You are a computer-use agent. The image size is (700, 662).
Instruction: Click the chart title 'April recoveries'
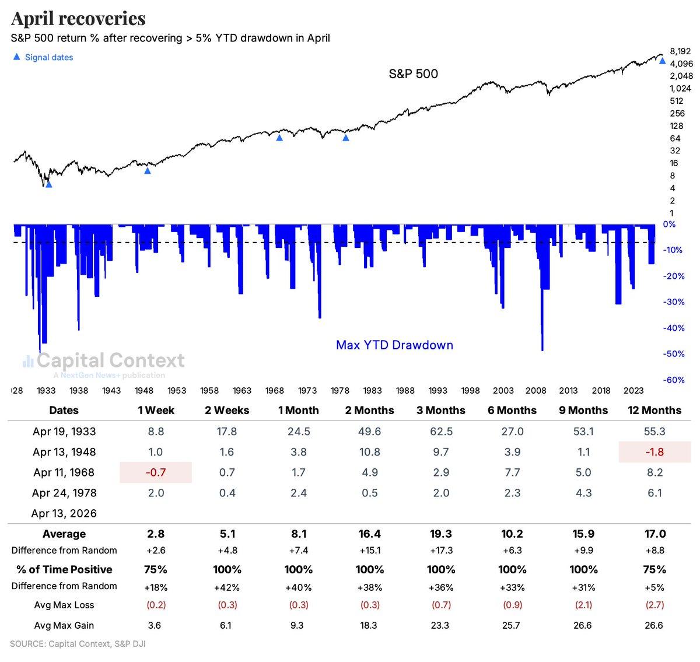pyautogui.click(x=78, y=19)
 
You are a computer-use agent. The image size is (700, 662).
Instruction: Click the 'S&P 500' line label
pyautogui.click(x=413, y=74)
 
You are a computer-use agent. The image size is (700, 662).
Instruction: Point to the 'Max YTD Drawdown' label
pyautogui.click(x=394, y=345)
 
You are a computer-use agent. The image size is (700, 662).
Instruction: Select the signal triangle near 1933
pyautogui.click(x=49, y=184)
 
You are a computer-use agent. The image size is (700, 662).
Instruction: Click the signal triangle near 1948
pyautogui.click(x=148, y=170)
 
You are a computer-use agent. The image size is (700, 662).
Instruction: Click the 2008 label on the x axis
pyautogui.click(x=535, y=390)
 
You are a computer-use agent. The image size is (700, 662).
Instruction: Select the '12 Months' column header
pyautogui.click(x=654, y=410)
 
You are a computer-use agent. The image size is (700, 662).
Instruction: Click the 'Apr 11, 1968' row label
pyautogui.click(x=64, y=472)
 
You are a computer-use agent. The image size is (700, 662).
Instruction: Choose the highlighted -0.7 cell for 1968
pyautogui.click(x=156, y=472)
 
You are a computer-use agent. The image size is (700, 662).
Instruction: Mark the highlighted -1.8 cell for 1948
pyautogui.click(x=654, y=452)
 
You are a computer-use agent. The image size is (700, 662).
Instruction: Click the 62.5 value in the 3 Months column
pyautogui.click(x=441, y=432)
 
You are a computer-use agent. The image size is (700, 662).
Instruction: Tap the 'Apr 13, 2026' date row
pyautogui.click(x=64, y=513)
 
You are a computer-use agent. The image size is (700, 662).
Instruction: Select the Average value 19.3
pyautogui.click(x=441, y=534)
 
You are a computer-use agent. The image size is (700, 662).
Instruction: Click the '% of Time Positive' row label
pyautogui.click(x=64, y=569)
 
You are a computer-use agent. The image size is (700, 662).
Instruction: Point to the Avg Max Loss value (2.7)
pyautogui.click(x=654, y=605)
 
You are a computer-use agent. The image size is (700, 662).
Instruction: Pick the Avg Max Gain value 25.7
pyautogui.click(x=512, y=625)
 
